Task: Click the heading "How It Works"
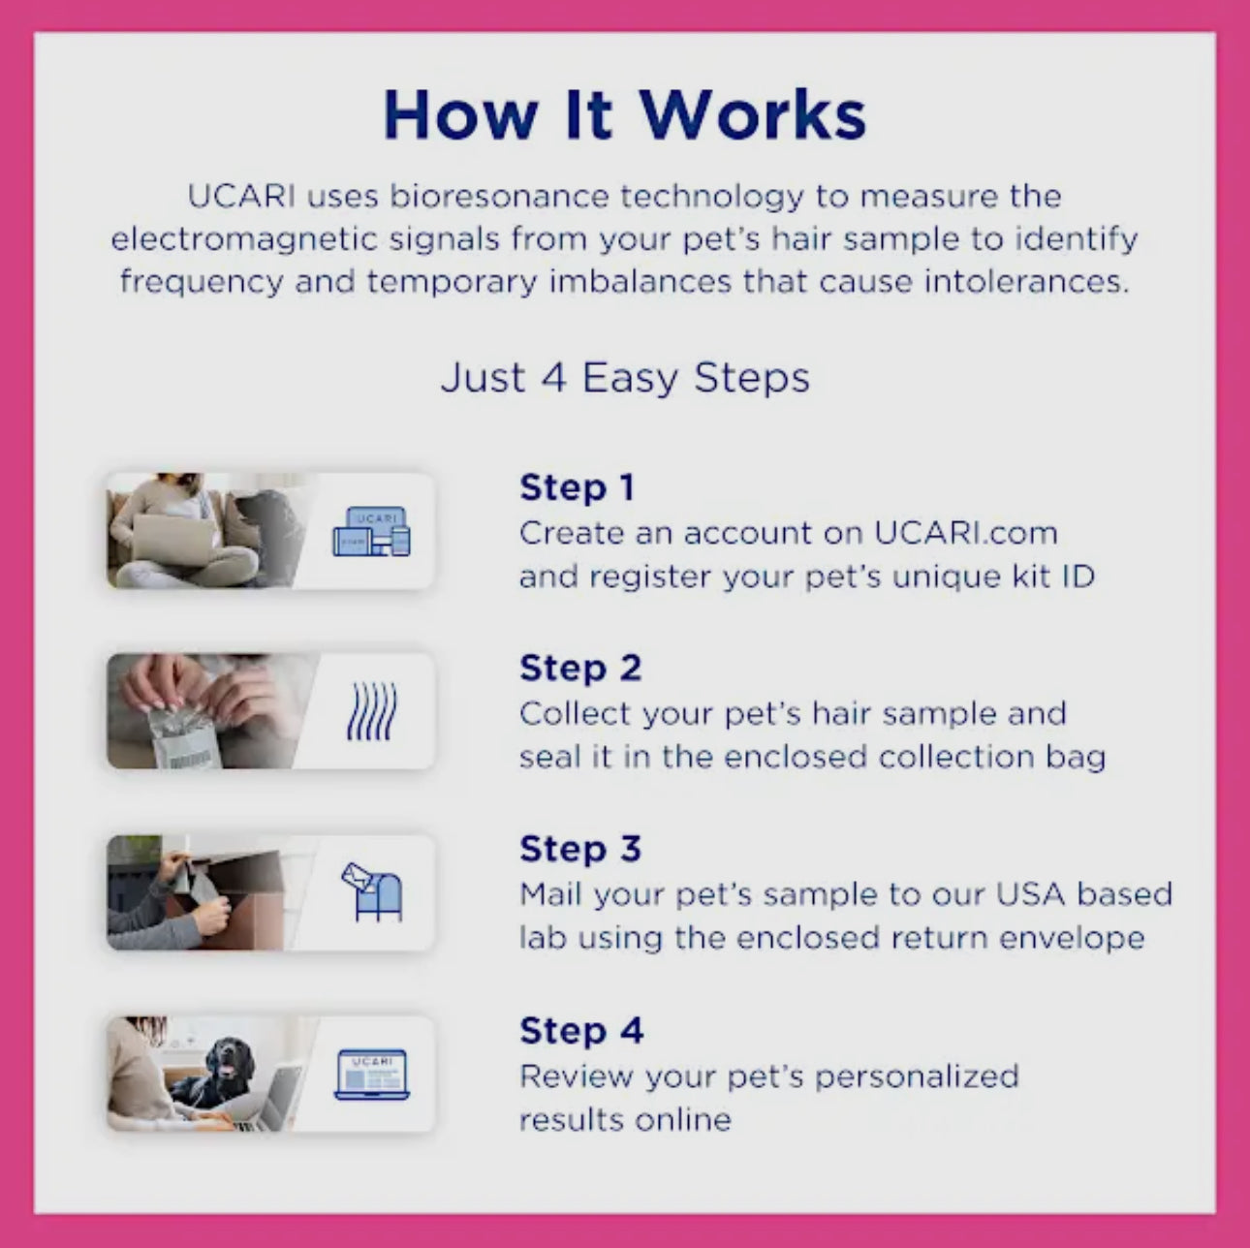624,114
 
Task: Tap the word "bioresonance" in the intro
499,197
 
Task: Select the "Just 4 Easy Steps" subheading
625,377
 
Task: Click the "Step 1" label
577,486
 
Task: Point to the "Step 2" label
579,668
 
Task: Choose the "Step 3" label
579,848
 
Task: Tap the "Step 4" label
580,1030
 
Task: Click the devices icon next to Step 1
371,532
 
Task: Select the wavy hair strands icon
371,712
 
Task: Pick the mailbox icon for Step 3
372,892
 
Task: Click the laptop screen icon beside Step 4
371,1074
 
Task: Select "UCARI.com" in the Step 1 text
965,533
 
